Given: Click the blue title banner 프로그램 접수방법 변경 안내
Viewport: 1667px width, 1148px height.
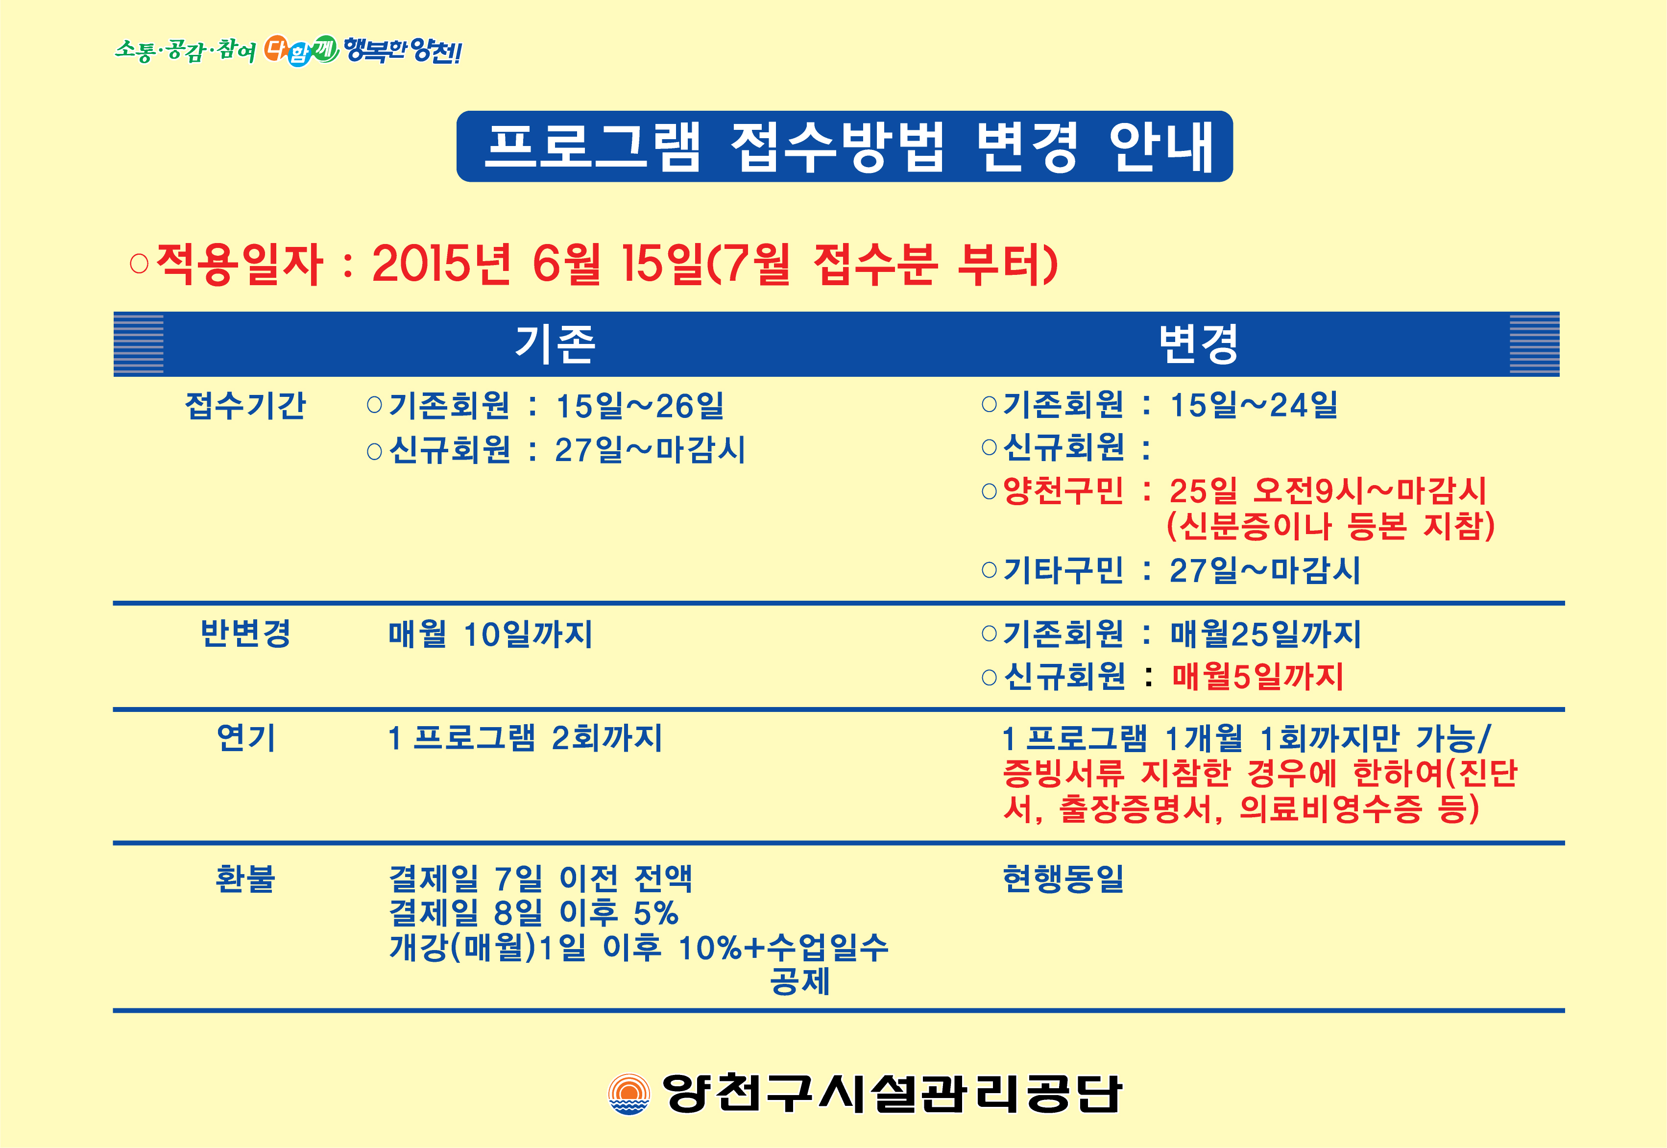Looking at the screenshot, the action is click(845, 146).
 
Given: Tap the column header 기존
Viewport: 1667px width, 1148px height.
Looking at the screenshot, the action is click(555, 344).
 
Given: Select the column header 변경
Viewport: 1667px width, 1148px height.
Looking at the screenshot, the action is click(1198, 344).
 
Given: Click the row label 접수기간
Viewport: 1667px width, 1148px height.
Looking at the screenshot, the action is click(246, 405).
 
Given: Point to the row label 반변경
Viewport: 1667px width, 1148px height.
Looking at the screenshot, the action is click(246, 634).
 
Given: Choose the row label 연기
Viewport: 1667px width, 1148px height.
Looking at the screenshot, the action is click(246, 737).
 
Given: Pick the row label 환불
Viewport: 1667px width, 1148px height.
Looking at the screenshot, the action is click(245, 878).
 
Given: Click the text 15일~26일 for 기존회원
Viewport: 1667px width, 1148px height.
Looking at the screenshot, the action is click(640, 406).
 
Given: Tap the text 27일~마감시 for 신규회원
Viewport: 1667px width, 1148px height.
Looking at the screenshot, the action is click(650, 450).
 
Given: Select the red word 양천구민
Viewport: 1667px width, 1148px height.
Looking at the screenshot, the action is click(1063, 490).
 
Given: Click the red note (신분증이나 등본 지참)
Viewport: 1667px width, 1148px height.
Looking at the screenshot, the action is click(1330, 526).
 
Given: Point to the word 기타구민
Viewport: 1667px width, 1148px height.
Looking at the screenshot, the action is click(1063, 570).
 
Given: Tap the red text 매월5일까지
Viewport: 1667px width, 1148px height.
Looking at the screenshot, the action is click(1258, 676).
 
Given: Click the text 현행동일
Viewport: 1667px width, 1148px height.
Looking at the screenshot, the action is click(1063, 878).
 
